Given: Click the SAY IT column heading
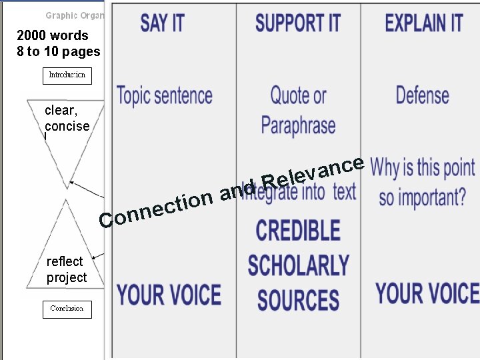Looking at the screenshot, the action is pyautogui.click(x=162, y=23).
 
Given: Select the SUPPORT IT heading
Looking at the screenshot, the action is pyautogui.click(x=297, y=23).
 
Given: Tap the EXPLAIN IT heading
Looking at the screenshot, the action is pyautogui.click(x=423, y=23).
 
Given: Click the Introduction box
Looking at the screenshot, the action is pyautogui.click(x=67, y=75).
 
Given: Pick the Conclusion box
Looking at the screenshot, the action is pyautogui.click(x=67, y=309).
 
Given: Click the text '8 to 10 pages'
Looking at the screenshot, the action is pyautogui.click(x=59, y=51).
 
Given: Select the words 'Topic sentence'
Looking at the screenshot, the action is pyautogui.click(x=165, y=95).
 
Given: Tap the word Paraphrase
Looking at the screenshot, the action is pyautogui.click(x=298, y=125).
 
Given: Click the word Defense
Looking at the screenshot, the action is pyautogui.click(x=422, y=95).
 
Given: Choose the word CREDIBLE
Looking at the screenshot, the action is pyautogui.click(x=298, y=231).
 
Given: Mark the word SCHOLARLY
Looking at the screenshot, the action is pyautogui.click(x=298, y=265).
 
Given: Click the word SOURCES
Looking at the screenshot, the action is pyautogui.click(x=298, y=300).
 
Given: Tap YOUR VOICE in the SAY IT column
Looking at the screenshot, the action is pyautogui.click(x=169, y=295).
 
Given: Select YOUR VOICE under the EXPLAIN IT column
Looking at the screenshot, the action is pyautogui.click(x=427, y=293).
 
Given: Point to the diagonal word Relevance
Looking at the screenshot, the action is pyautogui.click(x=313, y=173).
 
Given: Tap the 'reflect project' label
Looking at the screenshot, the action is pyautogui.click(x=66, y=269).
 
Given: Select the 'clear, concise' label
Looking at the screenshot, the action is pyautogui.click(x=67, y=118).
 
